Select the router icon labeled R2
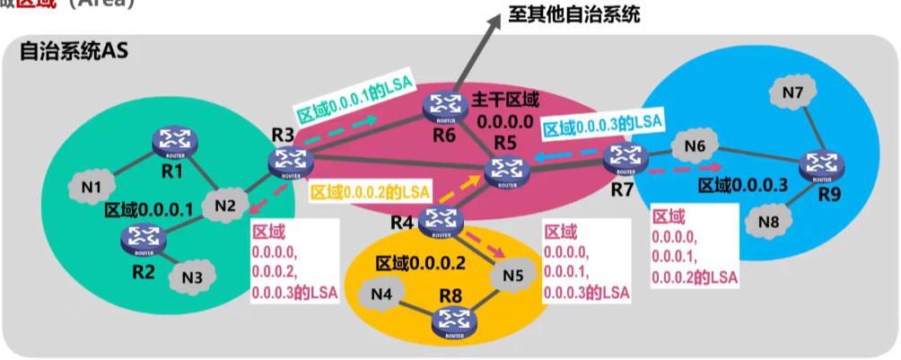(x=142, y=237)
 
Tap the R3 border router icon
(x=288, y=162)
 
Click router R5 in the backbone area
(x=501, y=170)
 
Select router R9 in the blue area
(x=820, y=165)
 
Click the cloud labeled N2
(x=225, y=206)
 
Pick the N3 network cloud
(x=190, y=276)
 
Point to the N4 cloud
(x=382, y=293)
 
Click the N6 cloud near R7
(x=695, y=145)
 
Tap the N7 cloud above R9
(x=792, y=92)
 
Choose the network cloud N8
(x=767, y=221)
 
